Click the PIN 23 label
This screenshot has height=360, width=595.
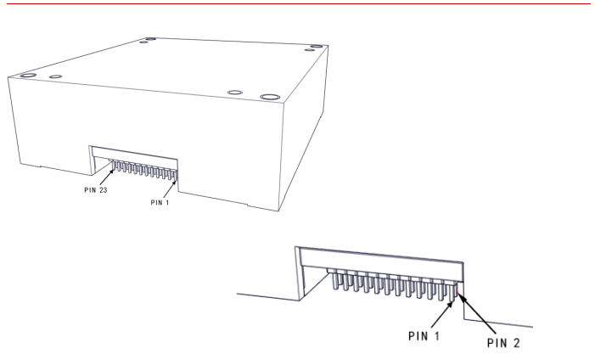click(96, 190)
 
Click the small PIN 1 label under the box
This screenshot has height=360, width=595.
click(160, 202)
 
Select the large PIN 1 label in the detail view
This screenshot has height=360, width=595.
click(424, 336)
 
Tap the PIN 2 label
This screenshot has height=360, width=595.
click(503, 343)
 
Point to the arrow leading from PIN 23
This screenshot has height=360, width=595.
click(107, 177)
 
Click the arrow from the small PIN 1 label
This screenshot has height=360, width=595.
click(170, 188)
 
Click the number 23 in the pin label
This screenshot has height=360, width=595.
click(103, 190)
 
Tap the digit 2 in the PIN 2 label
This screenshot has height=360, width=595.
click(516, 343)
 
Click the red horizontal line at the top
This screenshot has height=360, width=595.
click(299, 3)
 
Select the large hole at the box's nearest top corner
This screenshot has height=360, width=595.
click(270, 97)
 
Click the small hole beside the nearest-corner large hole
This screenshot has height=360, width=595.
click(235, 93)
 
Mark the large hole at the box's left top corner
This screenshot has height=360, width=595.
click(28, 76)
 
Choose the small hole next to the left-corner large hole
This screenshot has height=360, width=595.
click(55, 76)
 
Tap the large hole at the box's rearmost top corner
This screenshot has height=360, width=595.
click(150, 39)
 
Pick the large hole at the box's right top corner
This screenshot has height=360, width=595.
click(316, 47)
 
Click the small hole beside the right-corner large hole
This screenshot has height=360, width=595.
click(309, 50)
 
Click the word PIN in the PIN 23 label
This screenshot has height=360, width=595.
click(90, 190)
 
